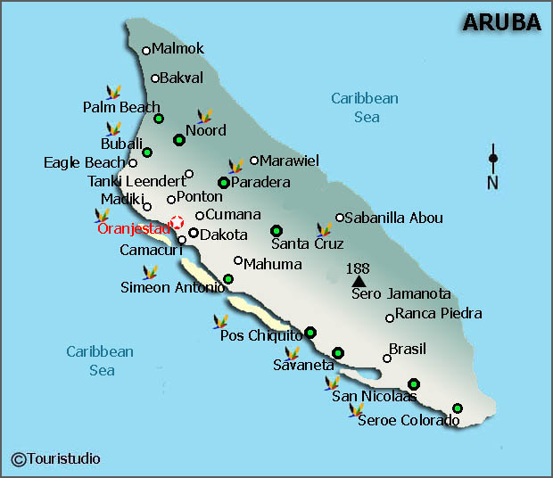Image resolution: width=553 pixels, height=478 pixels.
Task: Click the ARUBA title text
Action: [501, 22]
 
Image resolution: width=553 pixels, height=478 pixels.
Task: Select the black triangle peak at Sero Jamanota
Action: [359, 281]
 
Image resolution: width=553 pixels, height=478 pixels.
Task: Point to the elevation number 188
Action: [358, 268]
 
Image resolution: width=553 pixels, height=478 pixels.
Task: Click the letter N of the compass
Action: [492, 184]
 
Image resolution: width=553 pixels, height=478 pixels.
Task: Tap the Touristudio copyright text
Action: [55, 458]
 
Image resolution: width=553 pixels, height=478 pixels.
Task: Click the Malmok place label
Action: [177, 49]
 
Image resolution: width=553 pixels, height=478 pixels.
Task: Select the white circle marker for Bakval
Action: [155, 78]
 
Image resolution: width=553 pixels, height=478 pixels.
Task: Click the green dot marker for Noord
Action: [179, 139]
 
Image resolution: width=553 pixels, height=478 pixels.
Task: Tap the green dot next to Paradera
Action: [223, 183]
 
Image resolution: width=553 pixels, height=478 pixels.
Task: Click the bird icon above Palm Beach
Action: [113, 92]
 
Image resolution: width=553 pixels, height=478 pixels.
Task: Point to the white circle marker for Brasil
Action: [387, 358]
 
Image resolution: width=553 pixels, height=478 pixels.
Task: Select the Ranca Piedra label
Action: [438, 313]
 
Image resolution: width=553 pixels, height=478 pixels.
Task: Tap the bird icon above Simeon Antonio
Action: [151, 271]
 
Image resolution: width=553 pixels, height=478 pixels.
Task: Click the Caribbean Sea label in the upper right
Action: [365, 108]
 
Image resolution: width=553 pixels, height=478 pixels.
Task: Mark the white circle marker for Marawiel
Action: [254, 161]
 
